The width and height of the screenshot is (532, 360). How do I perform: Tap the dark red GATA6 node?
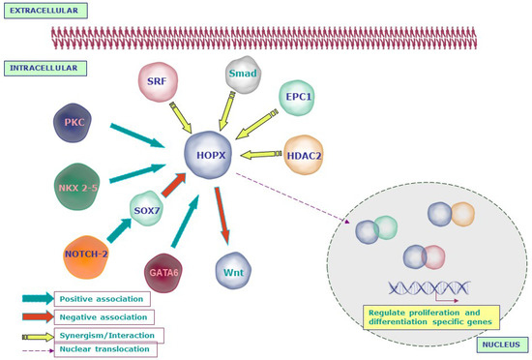(x=164, y=274)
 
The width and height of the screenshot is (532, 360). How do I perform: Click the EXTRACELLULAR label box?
(x=45, y=11)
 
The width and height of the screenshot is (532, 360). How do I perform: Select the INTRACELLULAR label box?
(x=45, y=69)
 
